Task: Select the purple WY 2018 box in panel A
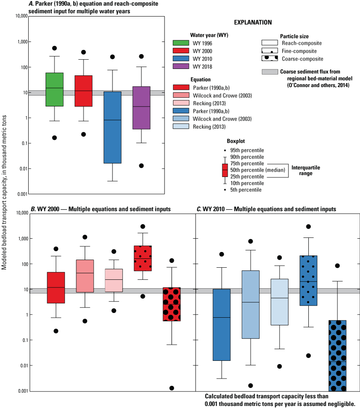[x=142, y=108]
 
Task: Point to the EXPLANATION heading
[x=253, y=23]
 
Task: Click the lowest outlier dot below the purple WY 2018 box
[x=142, y=166]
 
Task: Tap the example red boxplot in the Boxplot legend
[x=225, y=170]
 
